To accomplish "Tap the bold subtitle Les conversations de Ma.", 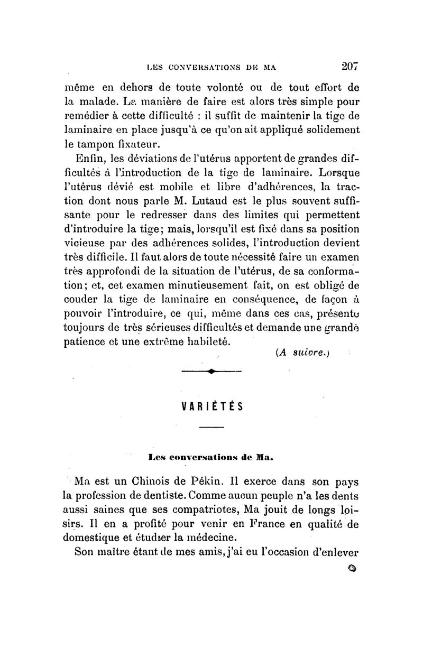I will pos(211,455).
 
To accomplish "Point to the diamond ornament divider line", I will pos(211,371).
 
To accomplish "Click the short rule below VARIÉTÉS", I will pos(212,427).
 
